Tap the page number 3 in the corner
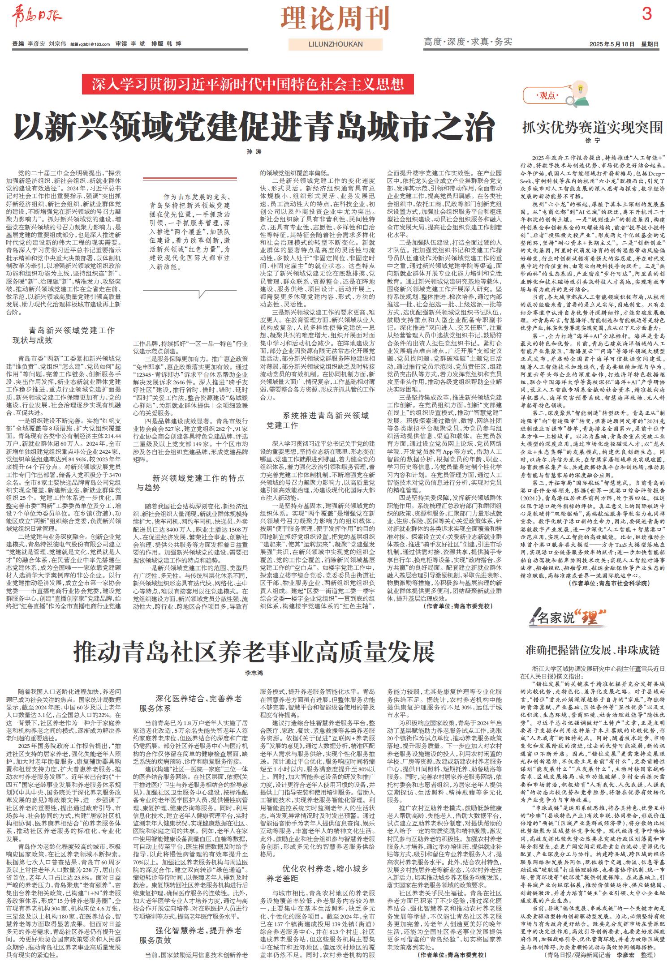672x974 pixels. (x=646, y=14)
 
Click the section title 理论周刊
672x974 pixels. (x=335, y=18)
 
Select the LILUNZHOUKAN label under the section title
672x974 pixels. (x=336, y=44)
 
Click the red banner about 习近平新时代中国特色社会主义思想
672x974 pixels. (x=248, y=84)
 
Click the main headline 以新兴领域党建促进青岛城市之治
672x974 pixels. (x=254, y=128)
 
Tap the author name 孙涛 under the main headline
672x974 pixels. (x=254, y=152)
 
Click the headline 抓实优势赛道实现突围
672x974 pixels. (x=592, y=127)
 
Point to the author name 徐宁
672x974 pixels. (x=592, y=141)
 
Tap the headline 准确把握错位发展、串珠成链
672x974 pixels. (x=592, y=650)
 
